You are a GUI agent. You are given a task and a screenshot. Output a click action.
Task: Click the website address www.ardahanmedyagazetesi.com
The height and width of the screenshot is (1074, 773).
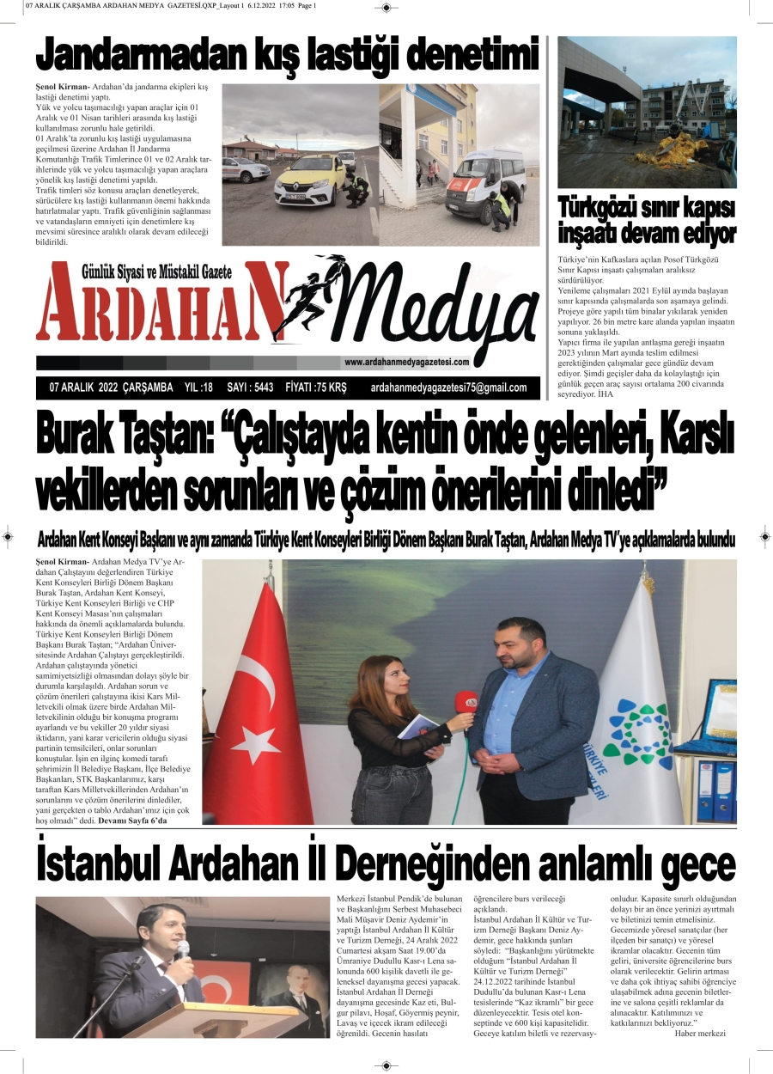[406, 362]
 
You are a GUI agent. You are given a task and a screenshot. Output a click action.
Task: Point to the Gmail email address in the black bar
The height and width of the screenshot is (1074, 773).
[448, 387]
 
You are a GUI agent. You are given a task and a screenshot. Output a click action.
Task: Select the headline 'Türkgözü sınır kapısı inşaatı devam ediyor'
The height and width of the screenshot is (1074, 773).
[647, 220]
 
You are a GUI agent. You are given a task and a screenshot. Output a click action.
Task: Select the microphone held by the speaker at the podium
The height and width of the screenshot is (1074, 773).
[182, 949]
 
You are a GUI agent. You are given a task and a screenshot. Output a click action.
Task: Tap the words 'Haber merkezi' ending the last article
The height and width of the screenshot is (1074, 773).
[700, 1033]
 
